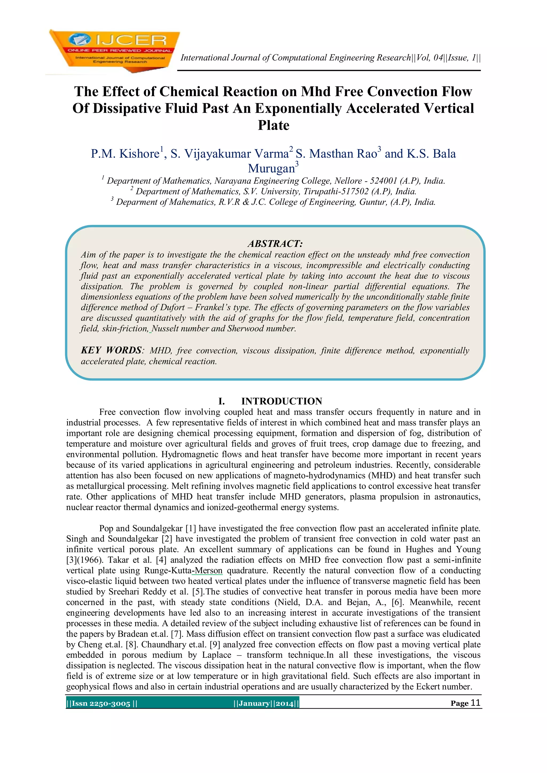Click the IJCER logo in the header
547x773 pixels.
[x=115, y=50]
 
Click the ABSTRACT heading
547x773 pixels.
[x=275, y=243]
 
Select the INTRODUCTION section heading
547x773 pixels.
[x=282, y=401]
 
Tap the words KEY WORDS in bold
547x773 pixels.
[x=111, y=350]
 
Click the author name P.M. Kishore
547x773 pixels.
[x=125, y=153]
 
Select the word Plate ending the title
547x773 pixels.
[x=273, y=125]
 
